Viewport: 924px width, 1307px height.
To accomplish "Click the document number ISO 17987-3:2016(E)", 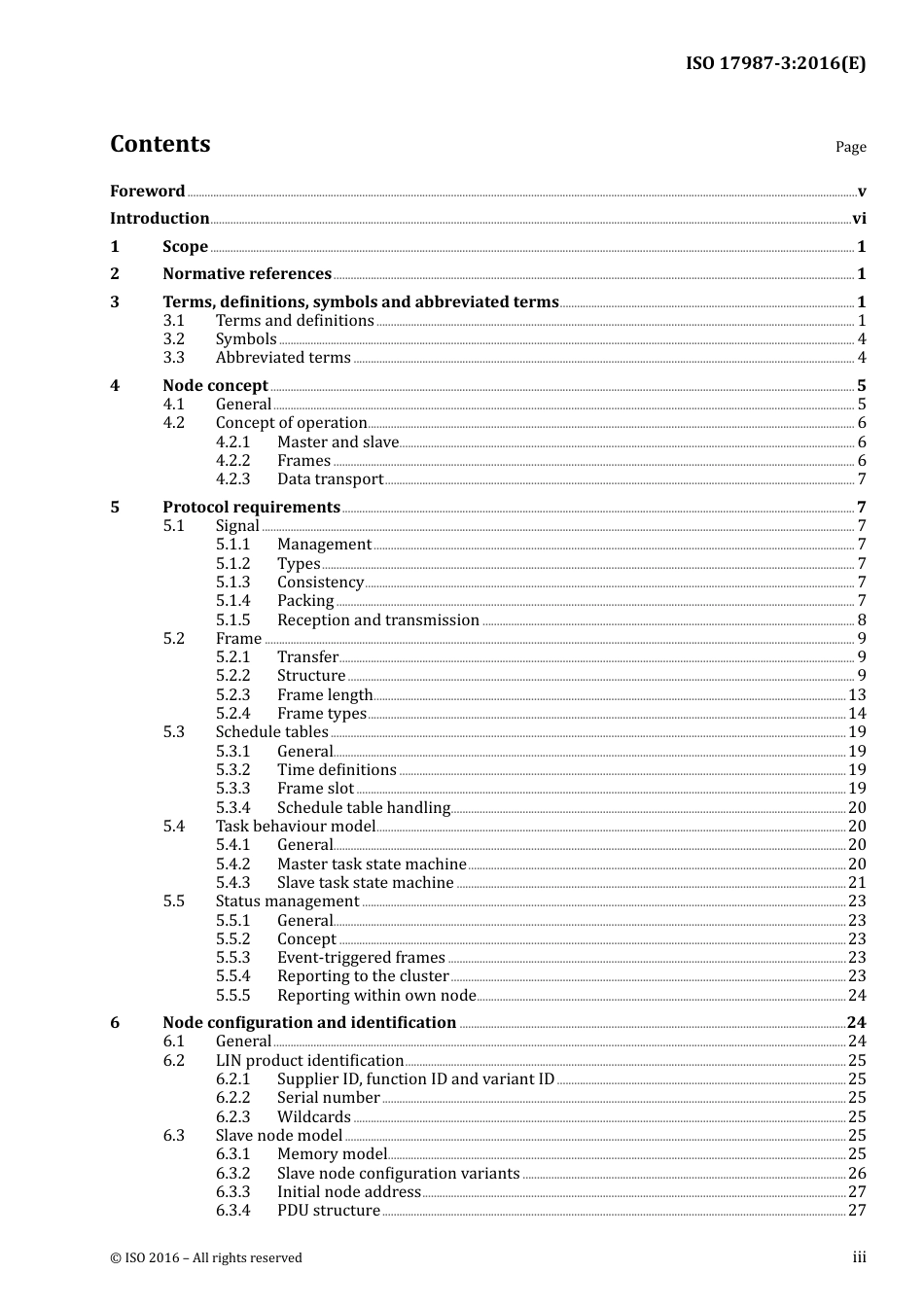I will click(x=775, y=63).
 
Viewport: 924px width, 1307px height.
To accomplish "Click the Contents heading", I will click(x=160, y=144).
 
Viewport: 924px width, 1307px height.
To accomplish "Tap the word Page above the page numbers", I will click(x=850, y=147).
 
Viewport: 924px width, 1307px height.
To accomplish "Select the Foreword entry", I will click(x=147, y=191).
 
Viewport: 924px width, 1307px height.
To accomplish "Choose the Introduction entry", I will click(x=160, y=218).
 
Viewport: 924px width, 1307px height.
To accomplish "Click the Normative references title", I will click(x=247, y=273).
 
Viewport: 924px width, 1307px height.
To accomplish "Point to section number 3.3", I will click(x=173, y=357).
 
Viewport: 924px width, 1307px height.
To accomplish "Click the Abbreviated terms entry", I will click(x=283, y=357).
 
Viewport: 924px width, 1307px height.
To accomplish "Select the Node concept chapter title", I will click(x=215, y=385).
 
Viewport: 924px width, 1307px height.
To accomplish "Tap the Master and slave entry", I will click(x=338, y=442).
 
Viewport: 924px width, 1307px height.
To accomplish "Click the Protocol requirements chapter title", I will click(x=251, y=507).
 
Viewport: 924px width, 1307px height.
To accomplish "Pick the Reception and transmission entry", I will click(x=377, y=619).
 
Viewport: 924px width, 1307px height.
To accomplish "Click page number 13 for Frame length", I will click(x=856, y=694).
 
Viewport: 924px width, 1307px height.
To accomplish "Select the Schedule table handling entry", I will click(x=363, y=807).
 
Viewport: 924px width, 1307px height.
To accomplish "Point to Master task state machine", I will click(x=372, y=864).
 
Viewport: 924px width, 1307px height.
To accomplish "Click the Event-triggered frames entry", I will click(x=361, y=957).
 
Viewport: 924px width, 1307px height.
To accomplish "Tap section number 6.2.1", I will click(x=232, y=1078).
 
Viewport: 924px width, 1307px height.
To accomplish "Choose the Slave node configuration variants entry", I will click(x=398, y=1173).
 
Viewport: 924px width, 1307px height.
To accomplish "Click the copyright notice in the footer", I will click(x=206, y=1257).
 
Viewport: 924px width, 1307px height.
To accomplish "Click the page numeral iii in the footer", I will click(x=859, y=1257).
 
